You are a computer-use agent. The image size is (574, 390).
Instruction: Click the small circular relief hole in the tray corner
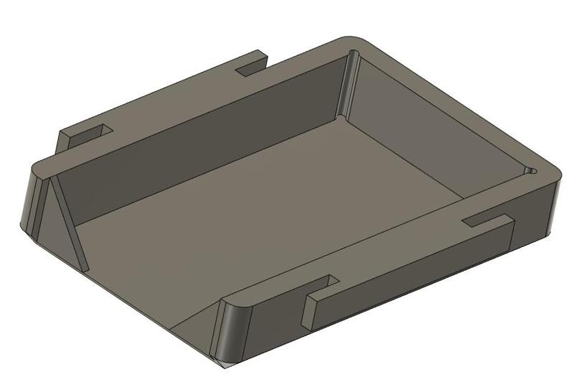[532, 171]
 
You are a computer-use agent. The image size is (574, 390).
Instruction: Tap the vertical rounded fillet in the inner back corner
[347, 83]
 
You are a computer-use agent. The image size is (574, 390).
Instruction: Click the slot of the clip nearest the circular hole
[488, 218]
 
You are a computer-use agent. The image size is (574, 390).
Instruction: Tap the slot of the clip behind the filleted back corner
[250, 65]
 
